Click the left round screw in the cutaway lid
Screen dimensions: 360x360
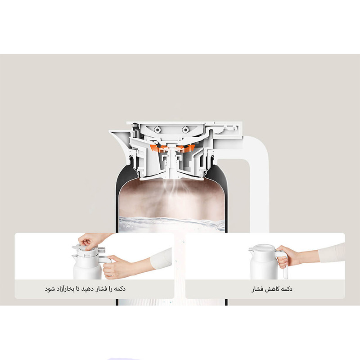point(157,130)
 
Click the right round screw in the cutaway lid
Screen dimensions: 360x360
point(185,130)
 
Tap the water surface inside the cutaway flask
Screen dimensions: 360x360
point(171,220)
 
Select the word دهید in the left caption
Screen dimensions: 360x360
point(88,288)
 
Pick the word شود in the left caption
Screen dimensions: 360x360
point(49,289)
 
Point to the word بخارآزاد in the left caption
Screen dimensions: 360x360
point(65,289)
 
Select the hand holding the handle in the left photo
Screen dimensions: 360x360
point(115,266)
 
